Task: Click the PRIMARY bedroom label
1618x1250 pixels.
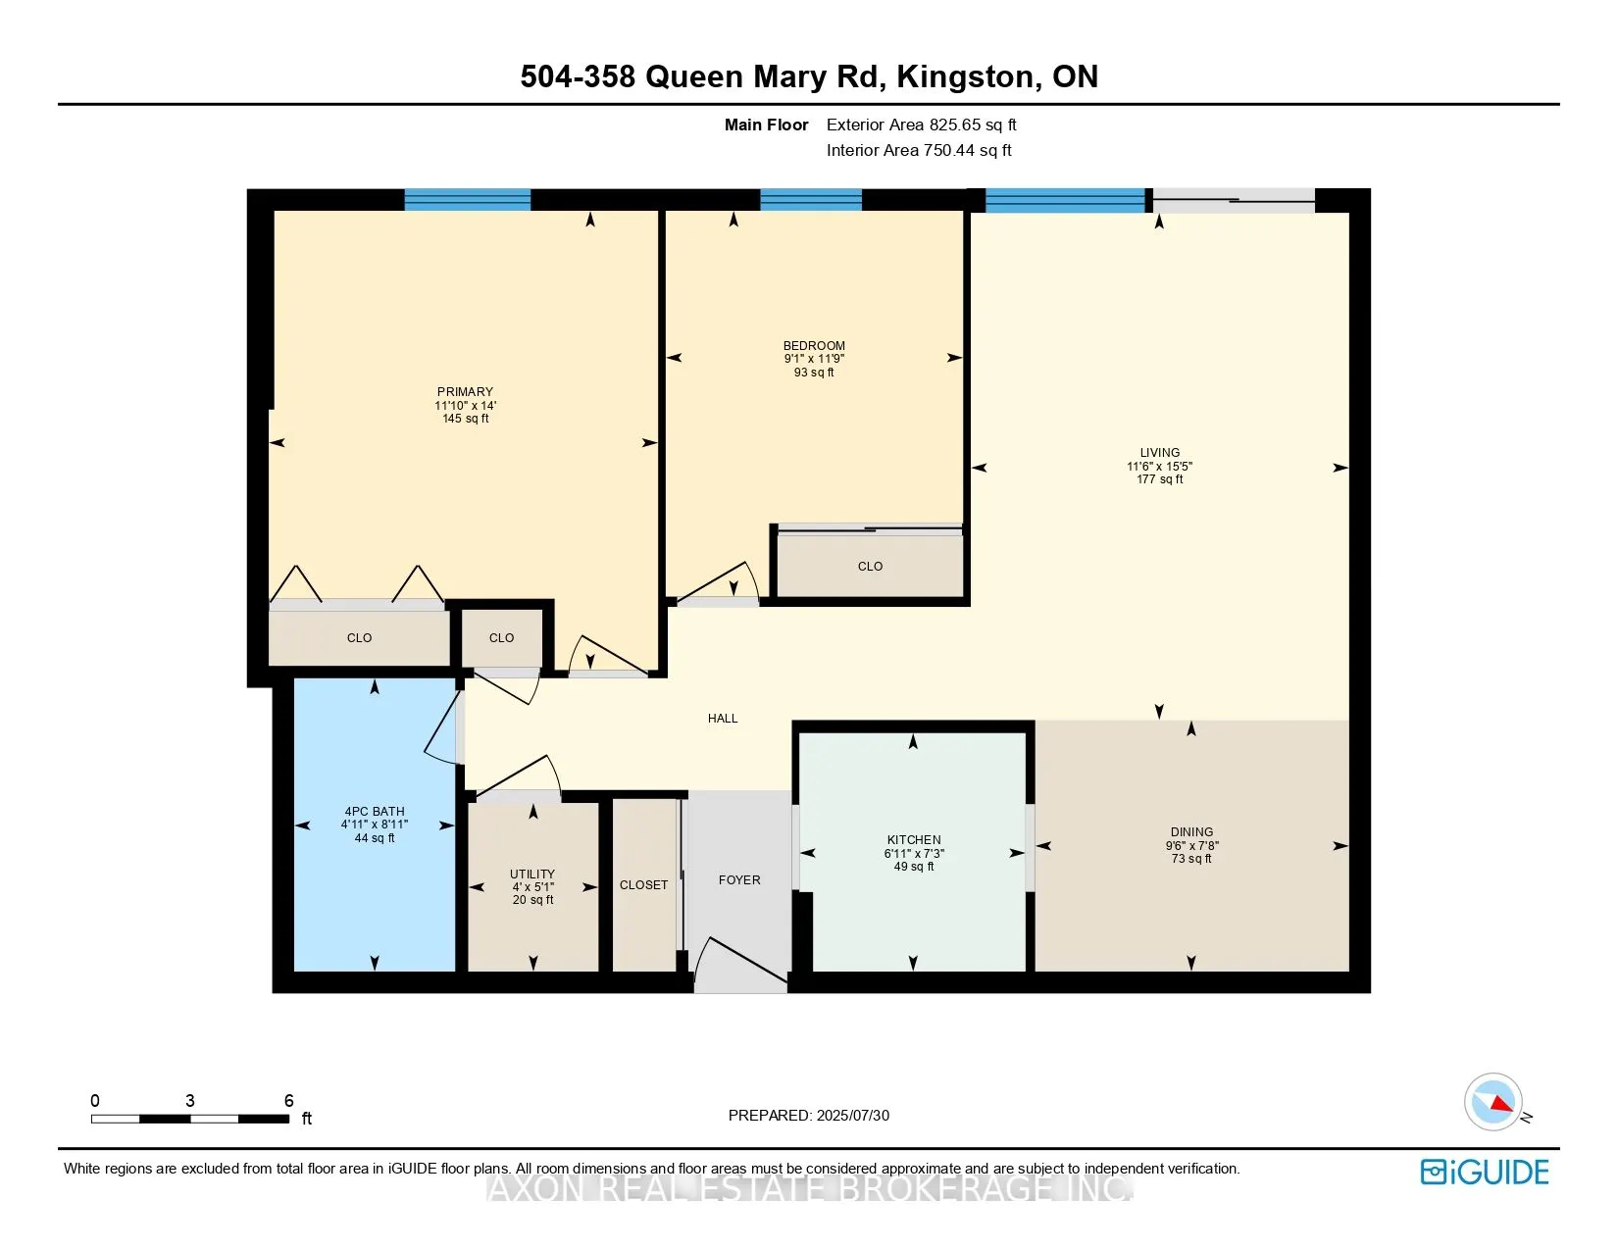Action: [x=466, y=391]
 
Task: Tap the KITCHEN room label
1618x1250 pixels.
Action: [x=914, y=839]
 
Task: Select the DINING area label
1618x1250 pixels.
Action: [x=1191, y=831]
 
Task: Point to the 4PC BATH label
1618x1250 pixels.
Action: [x=375, y=812]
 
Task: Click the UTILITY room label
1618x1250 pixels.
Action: [x=532, y=874]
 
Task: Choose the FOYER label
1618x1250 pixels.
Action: [x=739, y=879]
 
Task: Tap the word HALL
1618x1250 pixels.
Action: [x=723, y=718]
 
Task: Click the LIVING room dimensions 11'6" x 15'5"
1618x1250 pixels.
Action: [x=1159, y=466]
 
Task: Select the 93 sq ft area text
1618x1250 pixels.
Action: [x=814, y=372]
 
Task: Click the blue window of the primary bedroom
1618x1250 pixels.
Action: [x=468, y=200]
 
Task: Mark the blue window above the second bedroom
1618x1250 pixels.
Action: [x=811, y=200]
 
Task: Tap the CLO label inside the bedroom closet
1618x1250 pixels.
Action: [x=870, y=566]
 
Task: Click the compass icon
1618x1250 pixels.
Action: [x=1493, y=1102]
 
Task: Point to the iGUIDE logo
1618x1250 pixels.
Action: [x=1485, y=1172]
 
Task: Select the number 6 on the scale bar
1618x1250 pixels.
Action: [x=289, y=1100]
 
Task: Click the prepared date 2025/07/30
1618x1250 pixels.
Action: [x=852, y=1116]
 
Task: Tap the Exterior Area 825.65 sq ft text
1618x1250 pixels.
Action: [x=921, y=125]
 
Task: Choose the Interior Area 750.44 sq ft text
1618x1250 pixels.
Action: [x=919, y=150]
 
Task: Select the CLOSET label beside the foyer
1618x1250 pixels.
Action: [x=643, y=884]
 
